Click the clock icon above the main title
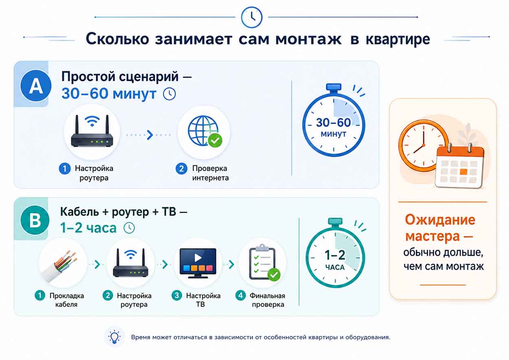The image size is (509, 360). pyautogui.click(x=252, y=17)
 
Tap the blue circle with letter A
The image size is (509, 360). pyautogui.click(x=36, y=86)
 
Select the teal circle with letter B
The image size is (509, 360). pyautogui.click(x=35, y=220)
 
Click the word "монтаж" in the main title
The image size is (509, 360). pyautogui.click(x=308, y=39)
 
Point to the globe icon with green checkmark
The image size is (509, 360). pyautogui.click(x=205, y=132)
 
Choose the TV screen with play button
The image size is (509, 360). pyautogui.click(x=197, y=263)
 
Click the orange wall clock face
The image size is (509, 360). pyautogui.click(x=423, y=145)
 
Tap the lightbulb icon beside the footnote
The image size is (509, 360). pyautogui.click(x=114, y=337)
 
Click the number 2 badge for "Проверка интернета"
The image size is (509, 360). pyautogui.click(x=182, y=169)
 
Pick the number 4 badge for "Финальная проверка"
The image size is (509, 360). pyautogui.click(x=241, y=296)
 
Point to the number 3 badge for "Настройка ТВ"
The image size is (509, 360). pyautogui.click(x=177, y=296)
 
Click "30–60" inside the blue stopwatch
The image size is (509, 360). pyautogui.click(x=333, y=123)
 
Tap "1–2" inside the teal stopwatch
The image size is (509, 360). pyautogui.click(x=335, y=255)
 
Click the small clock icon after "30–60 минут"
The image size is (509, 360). pyautogui.click(x=169, y=94)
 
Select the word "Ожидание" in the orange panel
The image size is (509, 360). pyautogui.click(x=440, y=220)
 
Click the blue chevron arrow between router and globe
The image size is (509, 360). pyautogui.click(x=150, y=135)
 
